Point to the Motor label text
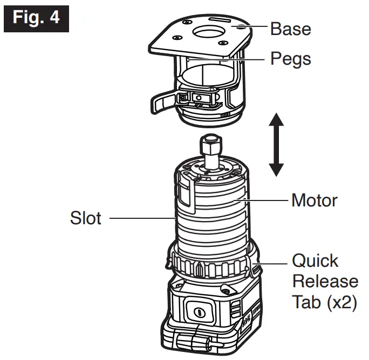pos(314,200)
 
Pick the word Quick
pos(315,261)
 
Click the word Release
pos(325,281)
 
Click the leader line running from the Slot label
pos(140,218)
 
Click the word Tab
pos(305,302)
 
